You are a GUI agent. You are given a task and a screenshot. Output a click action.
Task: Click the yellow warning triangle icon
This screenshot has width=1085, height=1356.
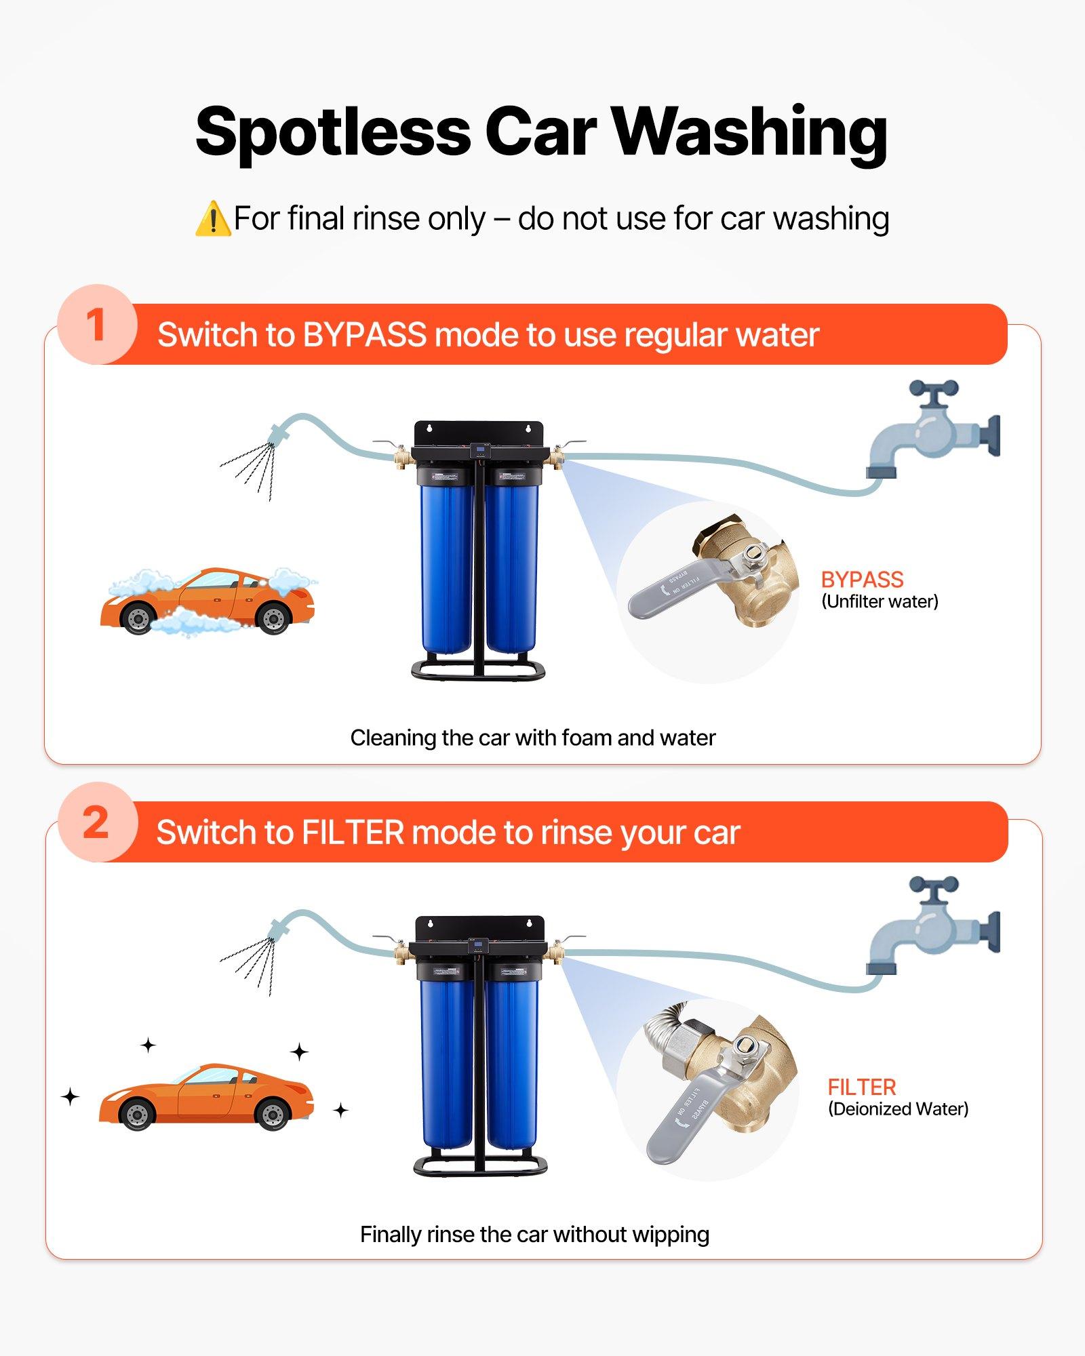pos(212,219)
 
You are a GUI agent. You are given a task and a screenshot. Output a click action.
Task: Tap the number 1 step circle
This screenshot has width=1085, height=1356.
pos(97,325)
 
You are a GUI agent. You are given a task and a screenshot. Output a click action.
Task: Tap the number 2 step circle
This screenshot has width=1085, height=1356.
pos(97,822)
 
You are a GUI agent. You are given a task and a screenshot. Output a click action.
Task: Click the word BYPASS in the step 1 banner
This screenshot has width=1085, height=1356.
pos(364,335)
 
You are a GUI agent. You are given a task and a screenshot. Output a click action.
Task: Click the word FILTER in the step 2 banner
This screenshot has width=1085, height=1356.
pos(353,833)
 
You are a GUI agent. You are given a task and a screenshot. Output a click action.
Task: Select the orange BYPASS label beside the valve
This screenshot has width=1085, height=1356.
pos(862,580)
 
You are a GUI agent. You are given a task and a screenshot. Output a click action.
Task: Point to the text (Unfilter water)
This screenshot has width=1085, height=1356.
pos(880,601)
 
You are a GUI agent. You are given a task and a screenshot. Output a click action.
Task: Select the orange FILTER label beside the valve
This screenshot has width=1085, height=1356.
pos(861,1088)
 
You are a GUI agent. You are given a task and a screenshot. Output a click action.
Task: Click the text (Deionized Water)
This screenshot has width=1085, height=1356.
pos(898,1109)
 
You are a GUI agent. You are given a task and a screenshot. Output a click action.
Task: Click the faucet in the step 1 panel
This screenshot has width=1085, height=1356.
pos(932,431)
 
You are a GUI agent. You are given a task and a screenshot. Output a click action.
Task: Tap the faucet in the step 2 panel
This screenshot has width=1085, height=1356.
pos(932,927)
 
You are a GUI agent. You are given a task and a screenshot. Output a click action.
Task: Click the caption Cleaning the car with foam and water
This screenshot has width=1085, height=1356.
pos(532,738)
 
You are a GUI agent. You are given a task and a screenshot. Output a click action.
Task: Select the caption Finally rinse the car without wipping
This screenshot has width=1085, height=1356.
pos(534,1235)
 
